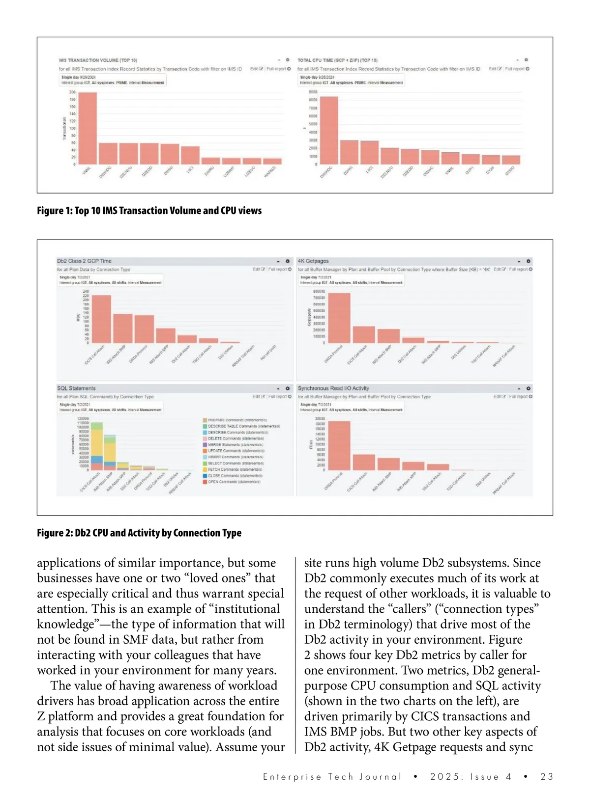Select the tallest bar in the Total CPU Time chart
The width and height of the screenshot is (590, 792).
click(329, 130)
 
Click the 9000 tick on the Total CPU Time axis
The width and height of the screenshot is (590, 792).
click(313, 92)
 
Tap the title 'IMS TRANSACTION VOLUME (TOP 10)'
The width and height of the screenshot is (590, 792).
click(98, 60)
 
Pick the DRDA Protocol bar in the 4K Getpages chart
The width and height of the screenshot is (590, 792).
click(339, 318)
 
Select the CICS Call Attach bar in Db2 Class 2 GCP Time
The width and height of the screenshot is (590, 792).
click(101, 319)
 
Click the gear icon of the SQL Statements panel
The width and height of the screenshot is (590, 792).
click(288, 388)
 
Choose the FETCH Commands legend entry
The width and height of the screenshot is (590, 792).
click(234, 469)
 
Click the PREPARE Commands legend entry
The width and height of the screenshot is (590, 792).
click(236, 420)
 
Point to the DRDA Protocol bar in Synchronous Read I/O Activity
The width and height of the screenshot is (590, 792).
click(339, 445)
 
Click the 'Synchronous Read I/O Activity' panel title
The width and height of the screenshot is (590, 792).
click(333, 388)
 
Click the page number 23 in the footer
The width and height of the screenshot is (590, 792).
click(546, 776)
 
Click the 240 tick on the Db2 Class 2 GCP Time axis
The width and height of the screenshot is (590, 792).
click(86, 292)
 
